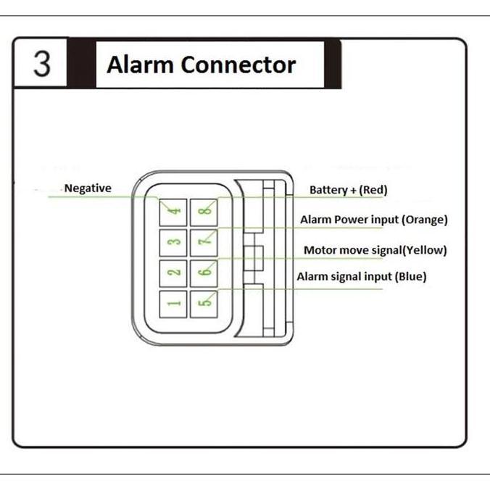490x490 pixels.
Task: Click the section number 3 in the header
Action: [x=42, y=64]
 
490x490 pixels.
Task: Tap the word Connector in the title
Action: [x=238, y=65]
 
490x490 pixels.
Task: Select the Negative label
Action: [x=88, y=188]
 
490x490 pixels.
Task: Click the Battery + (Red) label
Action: [x=348, y=190]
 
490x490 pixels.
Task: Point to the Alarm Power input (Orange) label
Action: [x=374, y=219]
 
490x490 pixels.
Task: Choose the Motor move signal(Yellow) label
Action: [x=375, y=250]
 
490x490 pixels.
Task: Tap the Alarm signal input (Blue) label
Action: [x=362, y=276]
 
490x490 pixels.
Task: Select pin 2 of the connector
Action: [x=174, y=273]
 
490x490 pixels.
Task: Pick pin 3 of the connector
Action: [x=174, y=241]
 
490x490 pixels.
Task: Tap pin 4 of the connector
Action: [x=174, y=211]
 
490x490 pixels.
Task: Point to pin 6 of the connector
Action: [x=205, y=273]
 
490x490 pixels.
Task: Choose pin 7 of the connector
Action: [x=205, y=241]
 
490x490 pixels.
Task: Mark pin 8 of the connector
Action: [x=205, y=211]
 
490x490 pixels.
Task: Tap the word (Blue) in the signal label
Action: [x=409, y=276]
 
